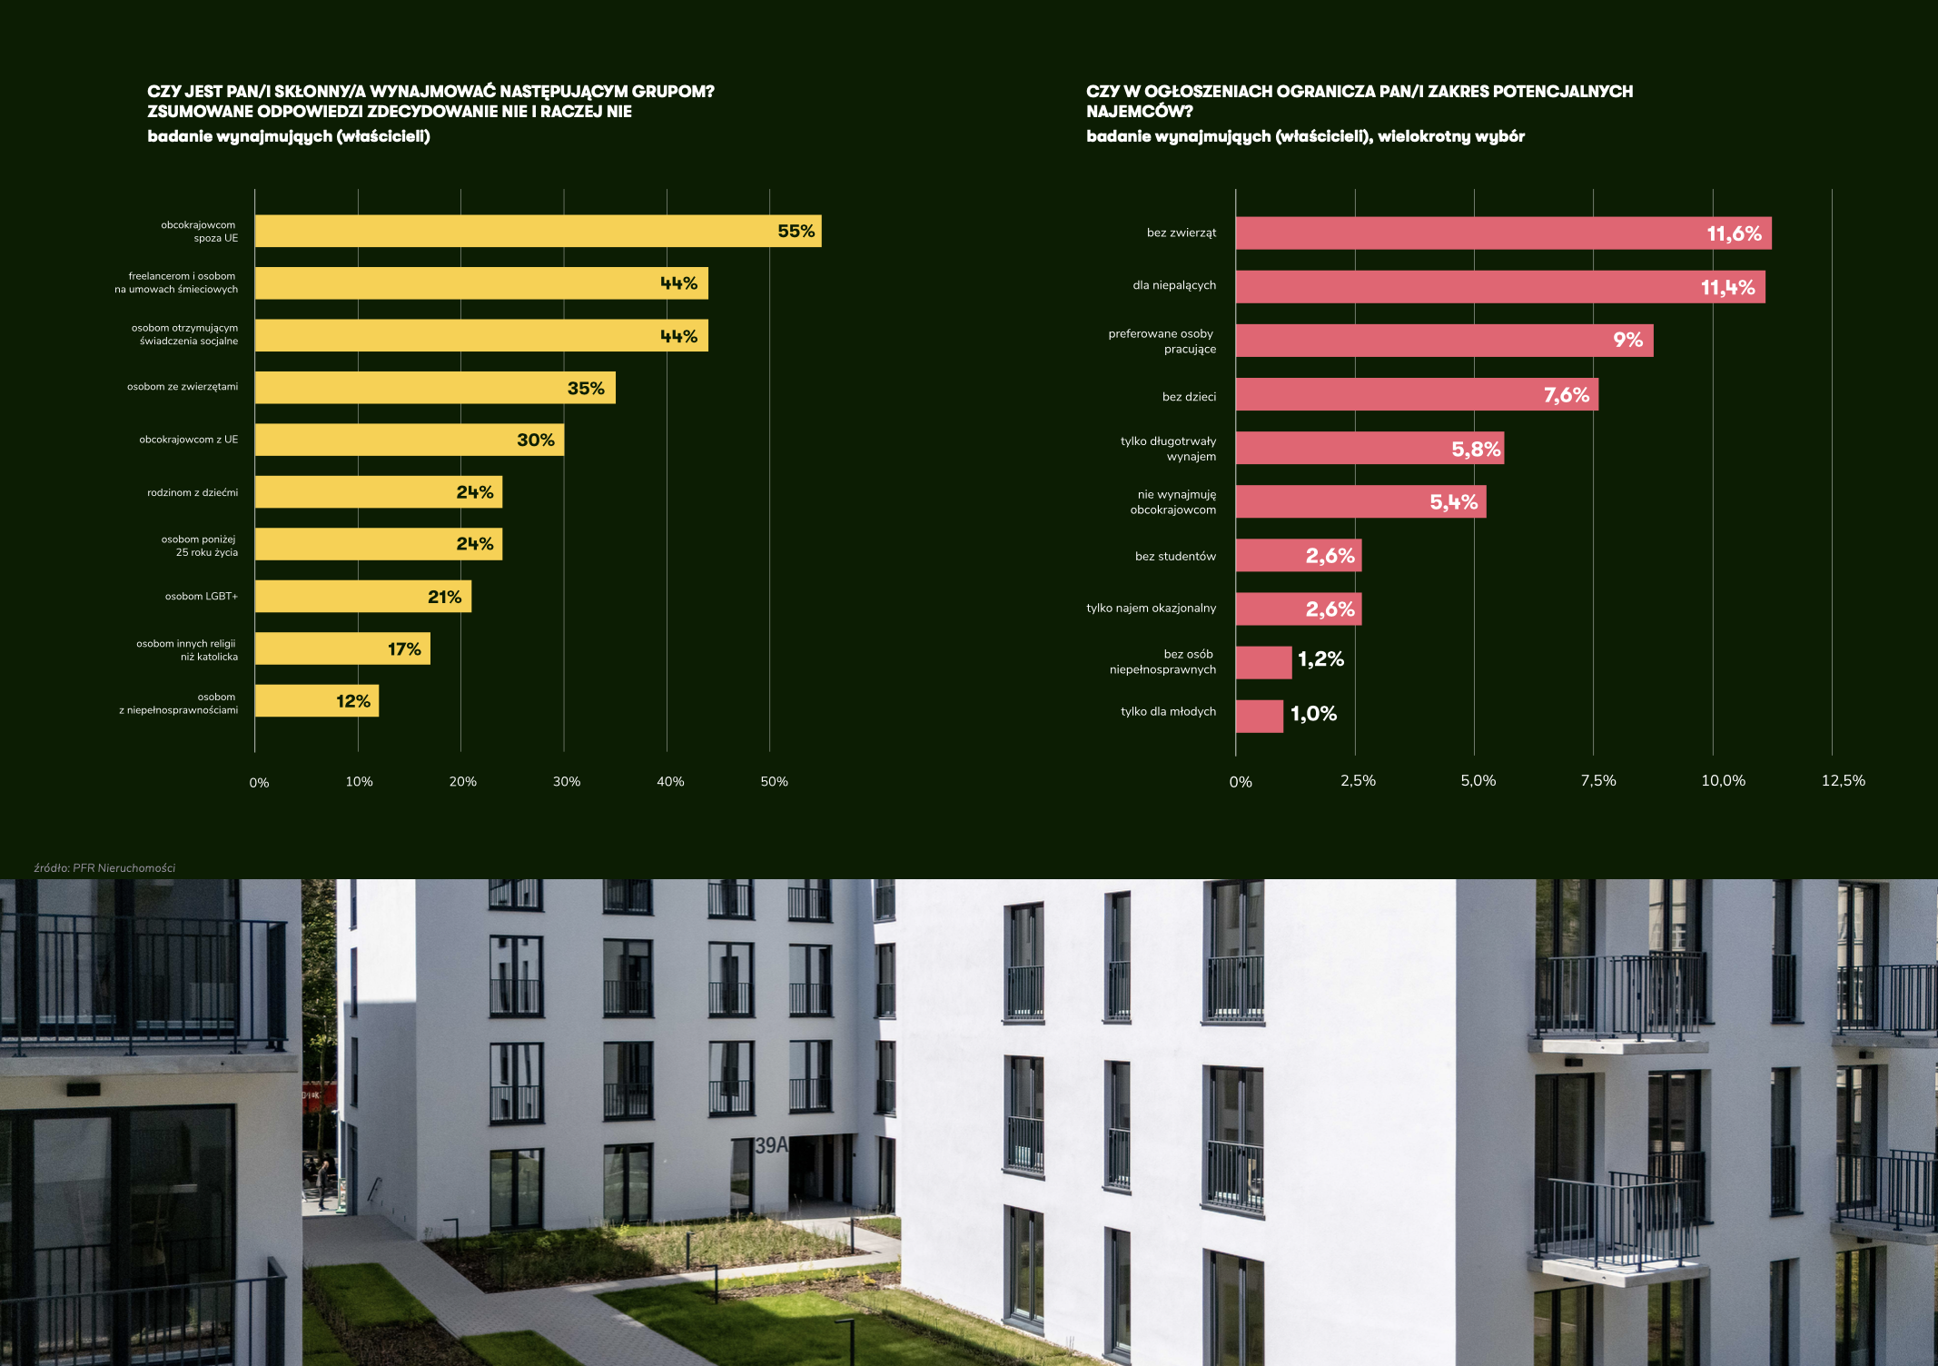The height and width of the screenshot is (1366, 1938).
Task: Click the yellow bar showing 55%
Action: pyautogui.click(x=538, y=232)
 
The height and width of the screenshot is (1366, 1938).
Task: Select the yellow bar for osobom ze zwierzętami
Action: pyautogui.click(x=435, y=388)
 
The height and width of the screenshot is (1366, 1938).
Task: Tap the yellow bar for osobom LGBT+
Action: pyautogui.click(x=363, y=597)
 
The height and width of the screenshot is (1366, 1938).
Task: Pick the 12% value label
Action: pyautogui.click(x=353, y=701)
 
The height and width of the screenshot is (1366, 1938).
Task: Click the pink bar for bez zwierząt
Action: pyautogui.click(x=1503, y=233)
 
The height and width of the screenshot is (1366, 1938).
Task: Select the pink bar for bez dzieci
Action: pyautogui.click(x=1417, y=395)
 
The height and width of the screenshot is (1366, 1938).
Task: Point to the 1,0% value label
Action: pyautogui.click(x=1313, y=714)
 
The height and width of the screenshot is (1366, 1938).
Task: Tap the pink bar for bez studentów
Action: pyautogui.click(x=1299, y=556)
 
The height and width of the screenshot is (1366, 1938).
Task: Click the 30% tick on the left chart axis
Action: pyautogui.click(x=567, y=782)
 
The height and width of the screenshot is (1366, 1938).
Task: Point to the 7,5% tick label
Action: pyautogui.click(x=1598, y=781)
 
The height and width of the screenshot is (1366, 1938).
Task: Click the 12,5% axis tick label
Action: pyautogui.click(x=1843, y=781)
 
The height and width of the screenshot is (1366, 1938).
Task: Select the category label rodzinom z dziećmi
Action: pyautogui.click(x=193, y=493)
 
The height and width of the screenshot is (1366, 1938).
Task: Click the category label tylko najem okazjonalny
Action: pyautogui.click(x=1151, y=609)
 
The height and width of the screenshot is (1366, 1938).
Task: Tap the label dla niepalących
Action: pyautogui.click(x=1174, y=285)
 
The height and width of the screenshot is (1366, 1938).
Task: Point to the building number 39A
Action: pyautogui.click(x=772, y=1145)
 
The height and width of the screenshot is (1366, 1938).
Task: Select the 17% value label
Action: pyautogui.click(x=404, y=649)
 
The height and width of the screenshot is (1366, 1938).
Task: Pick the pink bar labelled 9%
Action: pyautogui.click(x=1444, y=341)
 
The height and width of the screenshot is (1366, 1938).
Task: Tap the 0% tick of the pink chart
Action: pyautogui.click(x=1241, y=782)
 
